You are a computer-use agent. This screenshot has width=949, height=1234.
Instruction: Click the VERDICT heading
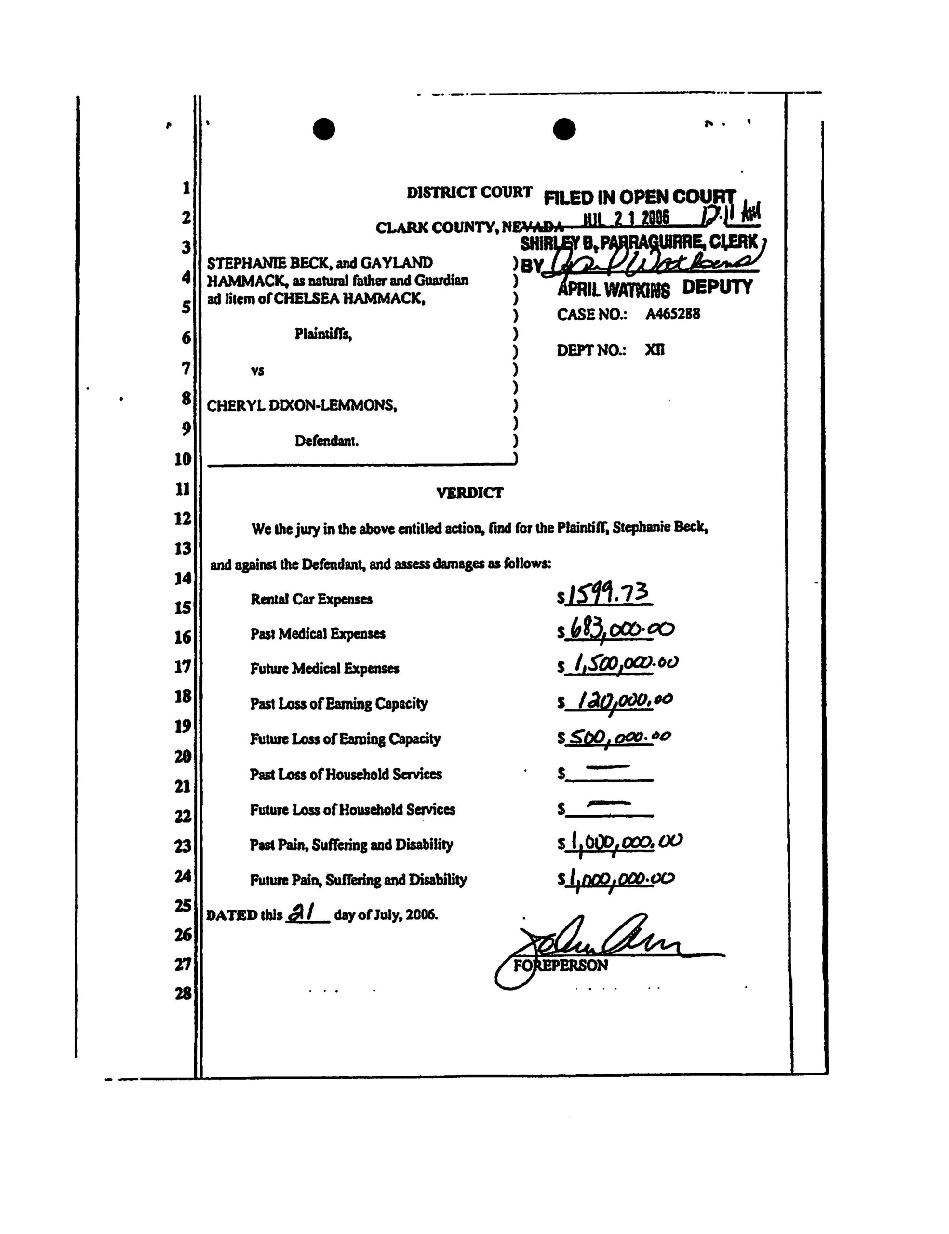(x=469, y=493)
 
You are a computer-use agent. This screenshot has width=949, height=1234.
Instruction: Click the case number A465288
(x=673, y=314)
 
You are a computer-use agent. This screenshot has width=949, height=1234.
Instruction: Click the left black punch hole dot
(x=324, y=129)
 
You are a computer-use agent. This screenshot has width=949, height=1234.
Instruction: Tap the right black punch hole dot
(x=564, y=129)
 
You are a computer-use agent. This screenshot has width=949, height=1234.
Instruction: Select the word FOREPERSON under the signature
(x=561, y=966)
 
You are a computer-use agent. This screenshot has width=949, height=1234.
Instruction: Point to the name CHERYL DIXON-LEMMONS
(x=302, y=406)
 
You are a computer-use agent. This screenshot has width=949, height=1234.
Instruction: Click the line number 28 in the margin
(x=183, y=994)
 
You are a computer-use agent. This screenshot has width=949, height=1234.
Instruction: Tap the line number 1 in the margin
(x=186, y=188)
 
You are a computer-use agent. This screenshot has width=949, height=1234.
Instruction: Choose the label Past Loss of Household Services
(x=346, y=774)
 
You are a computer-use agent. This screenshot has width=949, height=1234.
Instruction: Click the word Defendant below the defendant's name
(x=326, y=441)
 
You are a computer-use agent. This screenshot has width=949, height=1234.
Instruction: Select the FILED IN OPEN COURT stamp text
(x=640, y=197)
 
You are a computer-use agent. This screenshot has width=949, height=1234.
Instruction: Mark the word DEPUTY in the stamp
(x=717, y=287)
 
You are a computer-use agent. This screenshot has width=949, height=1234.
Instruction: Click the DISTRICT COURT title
(x=469, y=193)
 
